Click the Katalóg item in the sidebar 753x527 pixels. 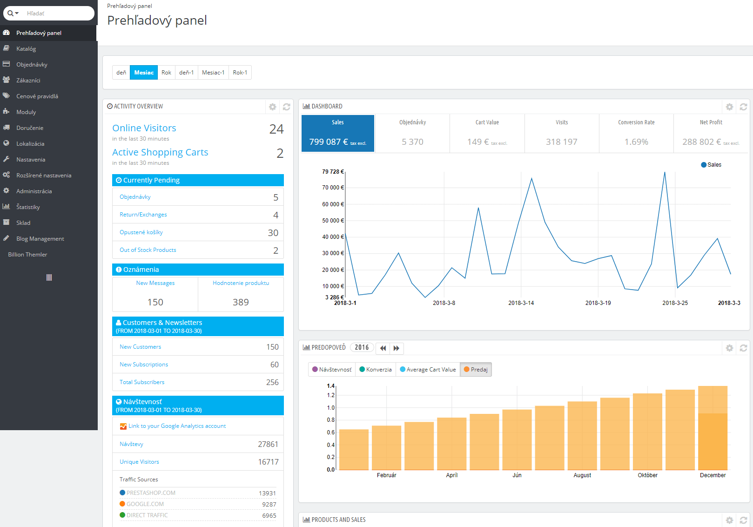(x=26, y=49)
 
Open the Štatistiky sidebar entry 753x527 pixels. (x=28, y=207)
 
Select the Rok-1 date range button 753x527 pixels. (x=240, y=73)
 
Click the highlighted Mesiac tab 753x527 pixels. (x=144, y=73)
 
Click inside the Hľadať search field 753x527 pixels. (x=56, y=14)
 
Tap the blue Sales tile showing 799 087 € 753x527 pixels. (x=338, y=134)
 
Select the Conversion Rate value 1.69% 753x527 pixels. (x=636, y=142)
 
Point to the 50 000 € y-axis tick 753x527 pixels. (x=333, y=221)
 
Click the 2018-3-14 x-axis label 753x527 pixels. (x=521, y=303)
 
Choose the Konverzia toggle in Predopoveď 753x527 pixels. (x=376, y=370)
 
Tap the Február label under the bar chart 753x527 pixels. (x=387, y=475)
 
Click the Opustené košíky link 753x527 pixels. (x=141, y=232)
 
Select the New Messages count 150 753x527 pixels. (x=155, y=302)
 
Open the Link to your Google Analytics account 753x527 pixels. (x=177, y=426)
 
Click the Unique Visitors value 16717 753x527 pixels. (x=268, y=462)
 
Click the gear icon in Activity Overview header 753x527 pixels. (x=273, y=107)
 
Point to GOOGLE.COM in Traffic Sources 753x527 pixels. (x=145, y=504)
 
